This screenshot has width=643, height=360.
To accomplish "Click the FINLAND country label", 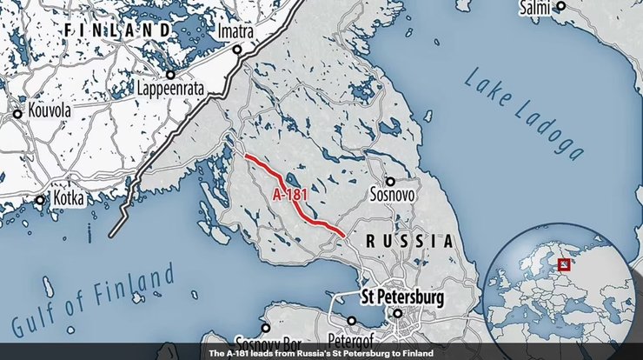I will (x=118, y=30).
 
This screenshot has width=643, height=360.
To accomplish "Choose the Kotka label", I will (x=66, y=199).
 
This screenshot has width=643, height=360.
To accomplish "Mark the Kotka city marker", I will (x=40, y=199).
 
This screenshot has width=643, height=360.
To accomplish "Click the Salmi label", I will (x=535, y=7).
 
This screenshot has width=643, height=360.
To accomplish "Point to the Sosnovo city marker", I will (x=389, y=182).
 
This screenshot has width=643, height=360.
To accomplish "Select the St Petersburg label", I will (x=401, y=297).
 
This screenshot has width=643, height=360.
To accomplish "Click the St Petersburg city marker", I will (x=397, y=313).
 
